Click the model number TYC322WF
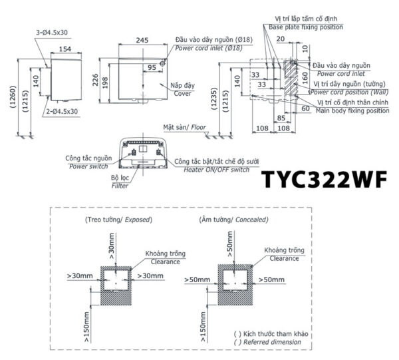point(325,181)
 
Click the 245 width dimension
point(143,41)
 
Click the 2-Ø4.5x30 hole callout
point(62,111)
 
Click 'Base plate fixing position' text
point(307,27)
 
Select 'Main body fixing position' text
point(352,111)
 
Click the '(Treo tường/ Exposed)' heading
point(118,219)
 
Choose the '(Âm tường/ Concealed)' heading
point(233,219)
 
